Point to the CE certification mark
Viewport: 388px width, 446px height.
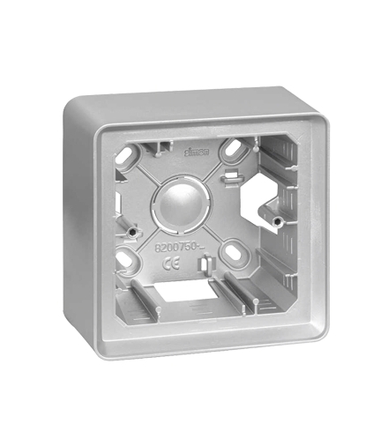pos(174,262)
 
